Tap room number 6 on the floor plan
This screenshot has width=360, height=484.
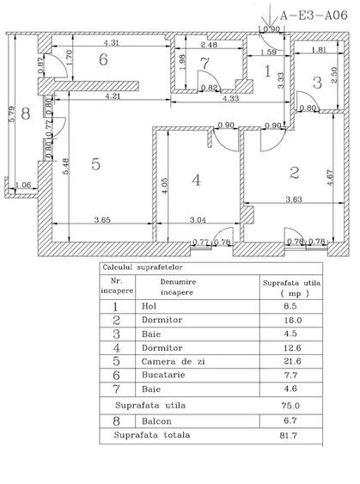(102, 60)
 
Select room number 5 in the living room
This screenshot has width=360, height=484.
(96, 164)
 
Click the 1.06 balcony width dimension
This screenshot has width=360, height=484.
(25, 185)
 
